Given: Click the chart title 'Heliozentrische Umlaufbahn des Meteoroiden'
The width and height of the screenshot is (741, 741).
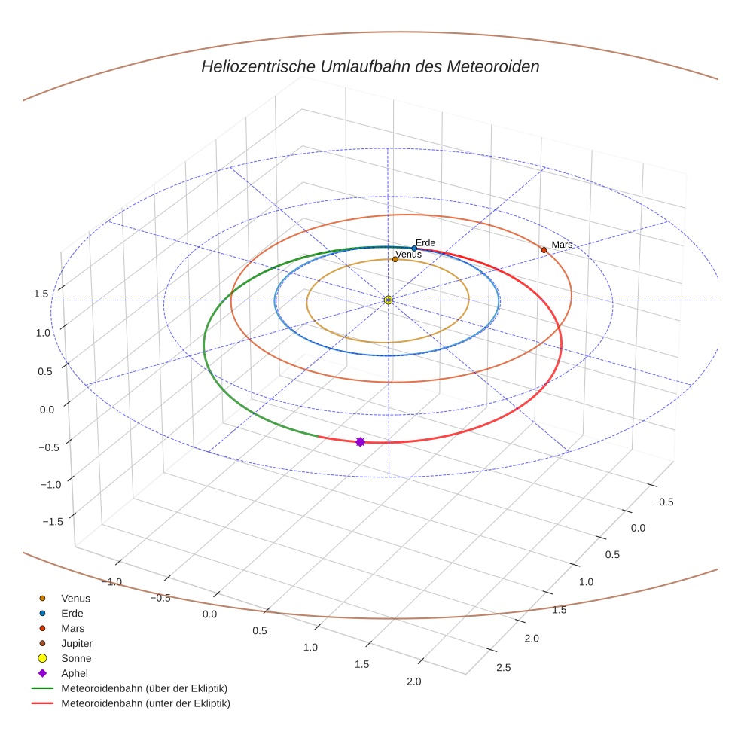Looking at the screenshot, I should [370, 66].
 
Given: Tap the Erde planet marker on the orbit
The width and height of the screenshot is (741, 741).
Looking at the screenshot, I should [414, 249].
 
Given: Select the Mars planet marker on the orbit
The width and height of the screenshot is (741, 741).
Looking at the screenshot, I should [544, 250].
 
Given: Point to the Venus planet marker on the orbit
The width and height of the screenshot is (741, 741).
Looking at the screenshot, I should [395, 260].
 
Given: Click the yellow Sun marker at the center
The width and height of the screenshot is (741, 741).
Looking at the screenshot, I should [389, 300].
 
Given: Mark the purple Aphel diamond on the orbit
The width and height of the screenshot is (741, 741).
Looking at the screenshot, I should [360, 441].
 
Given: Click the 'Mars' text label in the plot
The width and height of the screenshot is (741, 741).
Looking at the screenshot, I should [562, 245].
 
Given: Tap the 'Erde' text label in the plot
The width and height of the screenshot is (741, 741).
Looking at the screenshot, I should [425, 242].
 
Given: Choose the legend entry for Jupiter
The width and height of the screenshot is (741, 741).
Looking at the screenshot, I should [76, 644].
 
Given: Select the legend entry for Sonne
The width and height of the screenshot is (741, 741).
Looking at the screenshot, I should [76, 659].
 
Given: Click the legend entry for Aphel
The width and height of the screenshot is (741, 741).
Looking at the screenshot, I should [75, 673].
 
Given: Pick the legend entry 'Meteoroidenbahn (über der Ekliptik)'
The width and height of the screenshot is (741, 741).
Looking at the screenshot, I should [144, 688].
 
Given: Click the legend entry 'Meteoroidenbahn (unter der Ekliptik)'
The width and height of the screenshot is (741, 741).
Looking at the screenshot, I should [145, 703].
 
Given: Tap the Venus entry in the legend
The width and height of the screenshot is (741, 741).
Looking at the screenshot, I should [75, 599].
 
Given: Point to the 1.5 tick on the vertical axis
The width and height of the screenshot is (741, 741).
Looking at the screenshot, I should [41, 294].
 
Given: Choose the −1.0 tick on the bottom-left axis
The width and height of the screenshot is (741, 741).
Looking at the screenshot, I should [114, 581].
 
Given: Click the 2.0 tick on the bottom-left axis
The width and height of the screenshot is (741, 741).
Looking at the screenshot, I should [413, 682].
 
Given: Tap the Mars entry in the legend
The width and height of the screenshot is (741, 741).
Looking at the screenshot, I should [72, 629].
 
